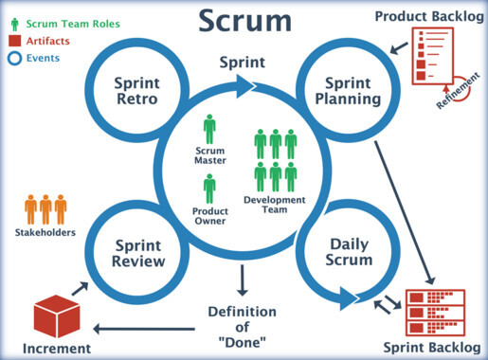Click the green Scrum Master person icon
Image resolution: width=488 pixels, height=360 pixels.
[209, 129]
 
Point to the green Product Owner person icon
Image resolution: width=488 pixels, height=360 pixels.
[209, 189]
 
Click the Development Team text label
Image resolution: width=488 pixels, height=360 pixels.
[275, 205]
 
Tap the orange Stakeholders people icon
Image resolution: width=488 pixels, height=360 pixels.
[45, 208]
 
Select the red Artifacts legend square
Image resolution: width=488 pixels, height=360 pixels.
[14, 40]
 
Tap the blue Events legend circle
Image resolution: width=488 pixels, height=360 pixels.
[14, 58]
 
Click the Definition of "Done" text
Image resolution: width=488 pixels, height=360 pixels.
[243, 328]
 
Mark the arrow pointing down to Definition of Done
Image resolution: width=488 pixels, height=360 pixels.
[243, 279]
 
